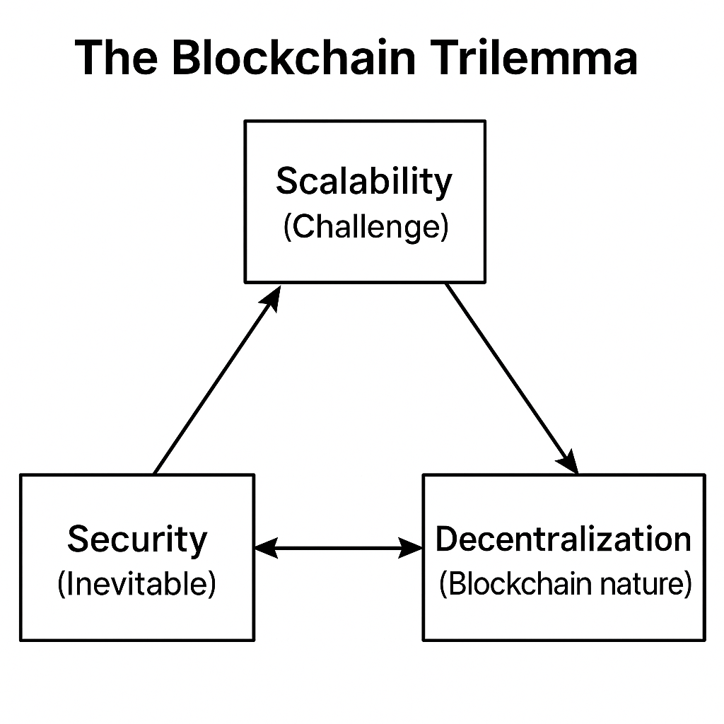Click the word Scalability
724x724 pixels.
[x=363, y=181]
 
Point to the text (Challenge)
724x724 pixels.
[x=365, y=228]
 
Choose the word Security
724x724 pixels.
[x=137, y=539]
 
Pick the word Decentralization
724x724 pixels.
[x=564, y=539]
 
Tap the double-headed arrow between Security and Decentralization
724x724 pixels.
[x=338, y=547]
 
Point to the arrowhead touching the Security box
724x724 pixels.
[x=263, y=547]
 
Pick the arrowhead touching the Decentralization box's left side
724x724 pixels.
[x=412, y=547]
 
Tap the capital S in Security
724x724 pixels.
[x=77, y=539]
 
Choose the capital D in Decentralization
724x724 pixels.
[x=446, y=539]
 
